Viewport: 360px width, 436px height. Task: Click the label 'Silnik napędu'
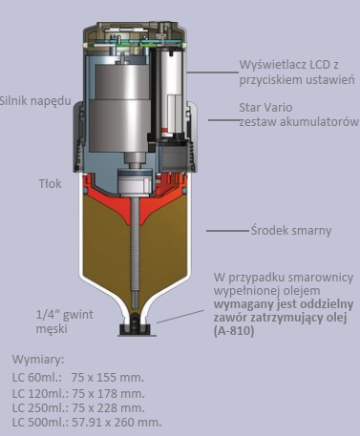click(x=35, y=101)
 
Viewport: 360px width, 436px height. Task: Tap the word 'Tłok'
click(x=50, y=184)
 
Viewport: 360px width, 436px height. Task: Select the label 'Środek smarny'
click(x=291, y=231)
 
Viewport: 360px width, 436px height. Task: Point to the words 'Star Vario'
click(x=265, y=108)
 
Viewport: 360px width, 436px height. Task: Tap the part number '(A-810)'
click(x=234, y=331)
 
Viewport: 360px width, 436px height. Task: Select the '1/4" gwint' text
click(x=65, y=315)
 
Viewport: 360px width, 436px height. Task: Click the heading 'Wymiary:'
click(x=38, y=360)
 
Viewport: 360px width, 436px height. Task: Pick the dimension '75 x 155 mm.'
click(x=108, y=378)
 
